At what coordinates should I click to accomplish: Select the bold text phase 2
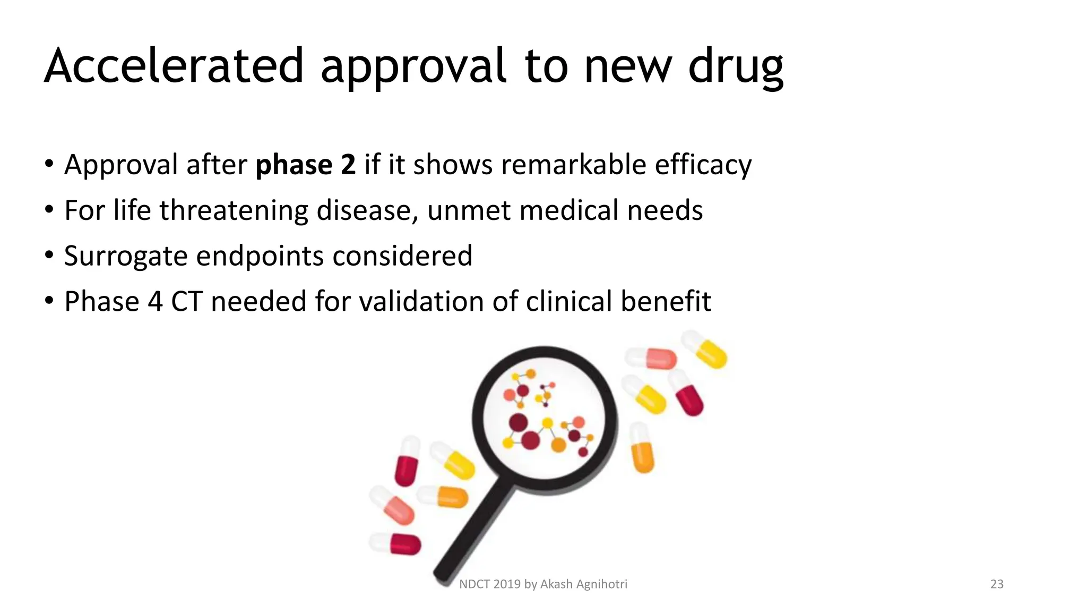[306, 164]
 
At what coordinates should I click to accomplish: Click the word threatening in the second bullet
[234, 210]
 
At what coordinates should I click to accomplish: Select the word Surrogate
[126, 256]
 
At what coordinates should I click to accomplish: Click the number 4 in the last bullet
[155, 301]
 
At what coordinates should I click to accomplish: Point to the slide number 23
[997, 584]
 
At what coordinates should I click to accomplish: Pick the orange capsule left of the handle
[444, 497]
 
